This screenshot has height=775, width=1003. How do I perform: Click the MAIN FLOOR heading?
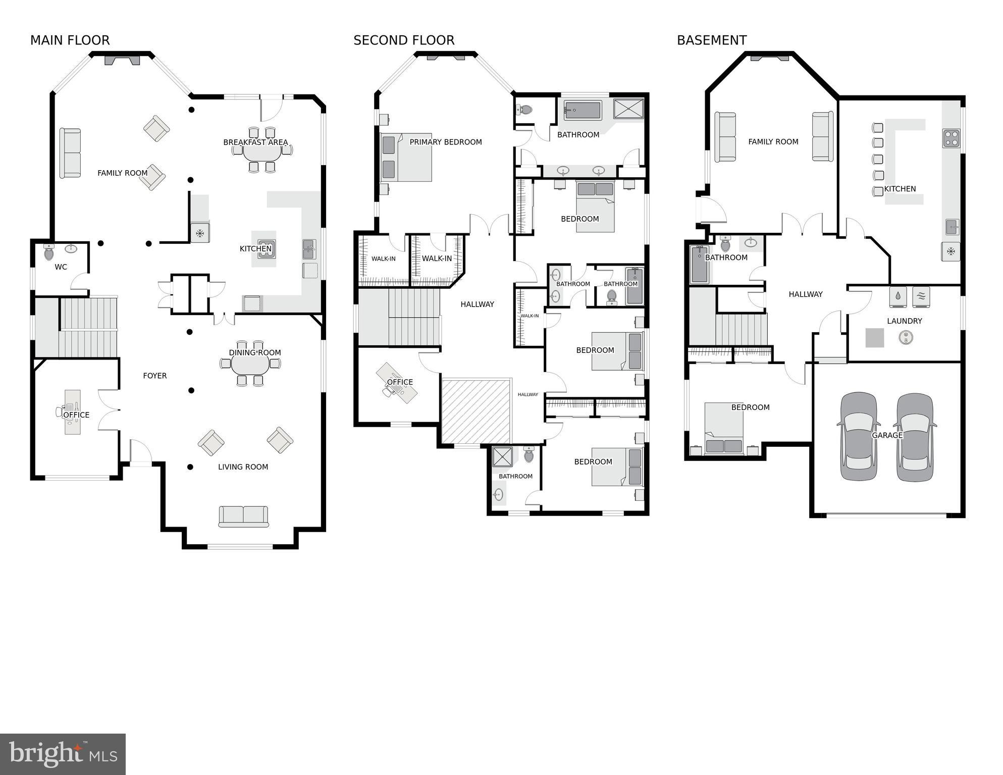[70, 40]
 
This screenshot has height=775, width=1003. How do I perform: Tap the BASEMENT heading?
[711, 40]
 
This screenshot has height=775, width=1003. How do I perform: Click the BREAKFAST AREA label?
[255, 142]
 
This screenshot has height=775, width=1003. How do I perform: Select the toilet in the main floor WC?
[49, 252]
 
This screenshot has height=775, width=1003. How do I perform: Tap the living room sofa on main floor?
[243, 516]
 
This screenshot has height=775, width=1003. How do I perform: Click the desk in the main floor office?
[72, 411]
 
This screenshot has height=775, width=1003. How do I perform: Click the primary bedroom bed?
[406, 158]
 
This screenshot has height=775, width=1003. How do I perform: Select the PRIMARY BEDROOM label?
[445, 142]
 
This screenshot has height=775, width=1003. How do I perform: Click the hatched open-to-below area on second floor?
[476, 411]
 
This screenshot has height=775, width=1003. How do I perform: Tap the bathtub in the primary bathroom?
[583, 111]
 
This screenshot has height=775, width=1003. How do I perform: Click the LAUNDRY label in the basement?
[904, 321]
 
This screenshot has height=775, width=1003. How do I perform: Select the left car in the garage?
[859, 436]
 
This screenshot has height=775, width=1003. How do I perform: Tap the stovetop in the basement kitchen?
[951, 138]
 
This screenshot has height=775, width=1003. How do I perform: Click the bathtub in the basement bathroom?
[699, 265]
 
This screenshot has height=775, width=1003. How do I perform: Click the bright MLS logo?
[63, 754]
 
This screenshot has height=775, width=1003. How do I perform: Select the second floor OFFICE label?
[400, 382]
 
